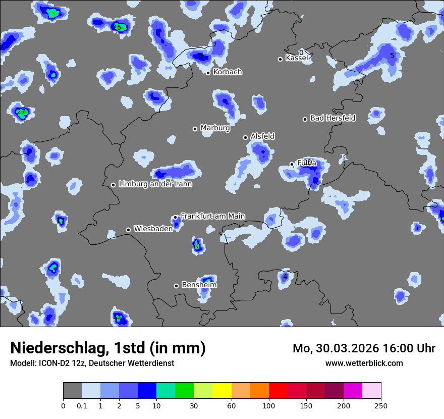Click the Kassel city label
(296, 58)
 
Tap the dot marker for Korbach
(208, 73)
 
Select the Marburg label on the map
(215, 128)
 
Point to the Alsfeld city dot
(245, 137)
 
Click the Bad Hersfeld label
(332, 118)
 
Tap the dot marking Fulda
(292, 164)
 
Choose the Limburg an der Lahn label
(155, 184)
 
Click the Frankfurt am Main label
(212, 216)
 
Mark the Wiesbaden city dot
(128, 230)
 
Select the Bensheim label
(199, 285)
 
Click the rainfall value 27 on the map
(21, 112)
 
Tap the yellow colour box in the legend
(222, 391)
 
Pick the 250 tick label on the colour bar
(381, 405)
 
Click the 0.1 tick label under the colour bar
(82, 405)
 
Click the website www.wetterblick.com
(364, 363)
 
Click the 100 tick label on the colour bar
(269, 405)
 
